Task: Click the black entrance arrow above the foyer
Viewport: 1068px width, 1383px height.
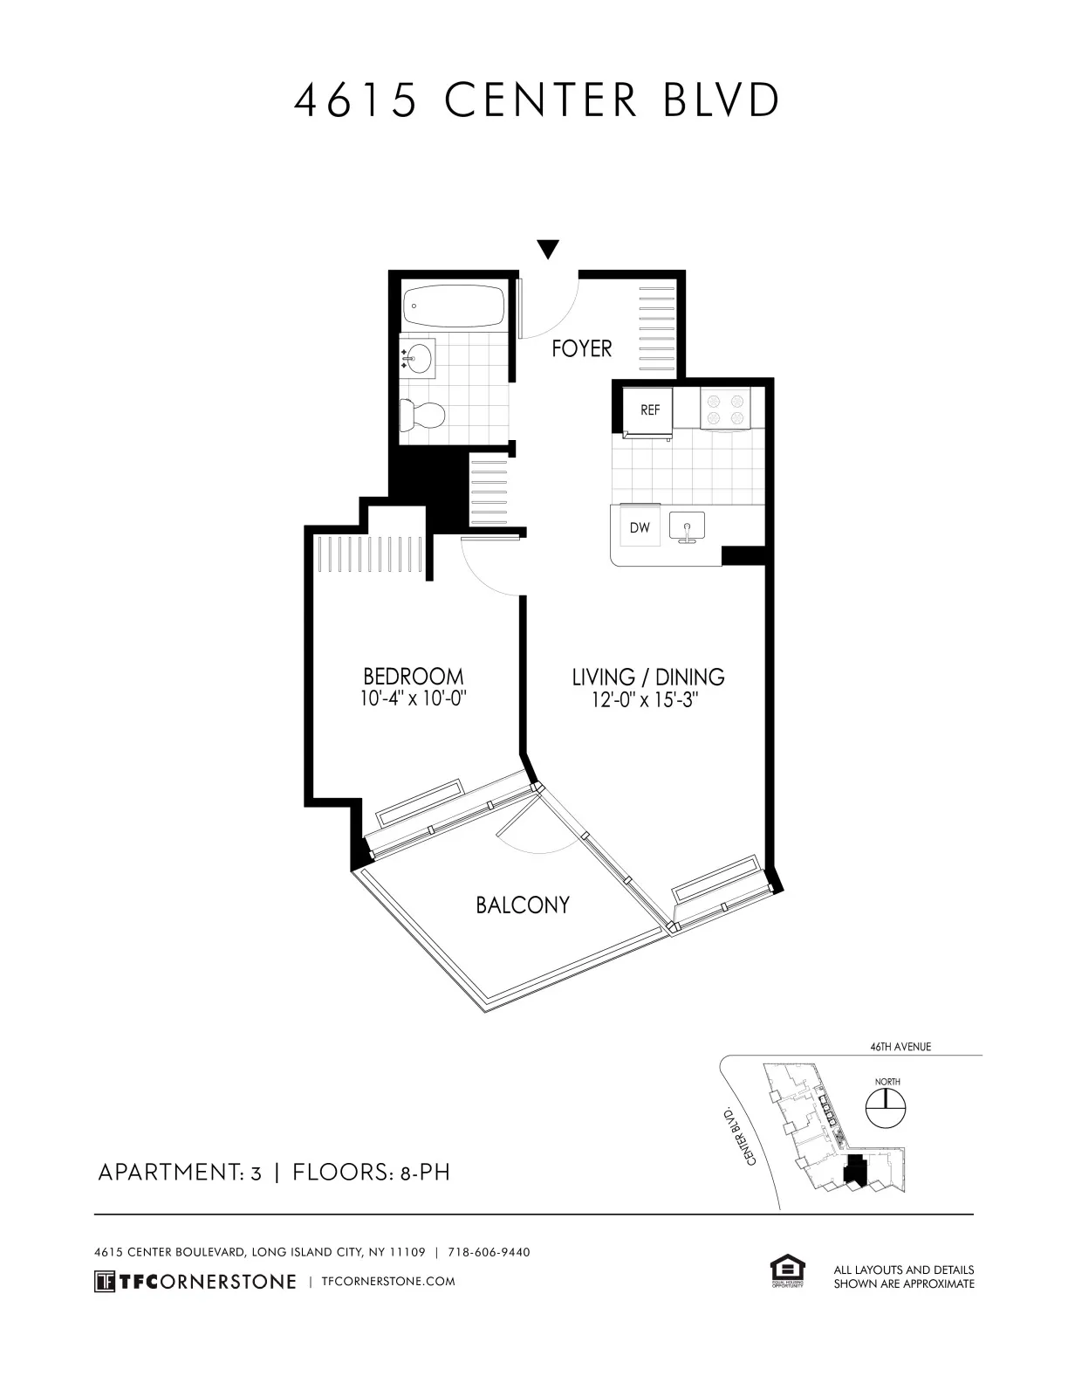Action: click(547, 249)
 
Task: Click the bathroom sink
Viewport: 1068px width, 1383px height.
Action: click(420, 359)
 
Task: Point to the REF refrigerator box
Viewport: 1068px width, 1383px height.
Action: click(648, 410)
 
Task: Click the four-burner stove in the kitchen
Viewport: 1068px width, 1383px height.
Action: click(728, 409)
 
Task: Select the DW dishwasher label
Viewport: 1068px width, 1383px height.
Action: click(640, 528)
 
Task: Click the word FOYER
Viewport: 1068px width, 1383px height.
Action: click(582, 349)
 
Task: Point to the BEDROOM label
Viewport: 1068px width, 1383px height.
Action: click(413, 677)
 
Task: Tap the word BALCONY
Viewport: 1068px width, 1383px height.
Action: click(523, 905)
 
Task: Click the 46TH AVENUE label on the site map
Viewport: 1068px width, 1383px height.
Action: click(900, 1047)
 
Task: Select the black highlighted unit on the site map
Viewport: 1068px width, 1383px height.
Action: click(856, 1170)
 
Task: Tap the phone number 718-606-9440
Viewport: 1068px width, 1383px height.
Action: click(489, 1252)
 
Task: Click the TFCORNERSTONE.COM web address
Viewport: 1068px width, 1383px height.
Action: click(388, 1281)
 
